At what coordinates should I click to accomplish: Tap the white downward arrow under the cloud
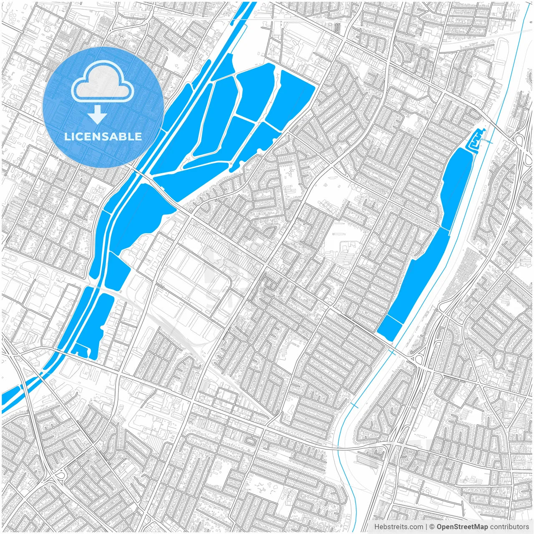point(98,114)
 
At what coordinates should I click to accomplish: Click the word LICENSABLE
point(103,136)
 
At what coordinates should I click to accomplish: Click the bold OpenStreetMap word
point(462,527)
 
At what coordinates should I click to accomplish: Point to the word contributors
point(509,527)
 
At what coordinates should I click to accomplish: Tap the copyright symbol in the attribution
point(432,527)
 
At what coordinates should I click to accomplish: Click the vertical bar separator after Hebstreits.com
point(426,527)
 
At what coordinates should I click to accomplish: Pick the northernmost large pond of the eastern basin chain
point(457,184)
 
